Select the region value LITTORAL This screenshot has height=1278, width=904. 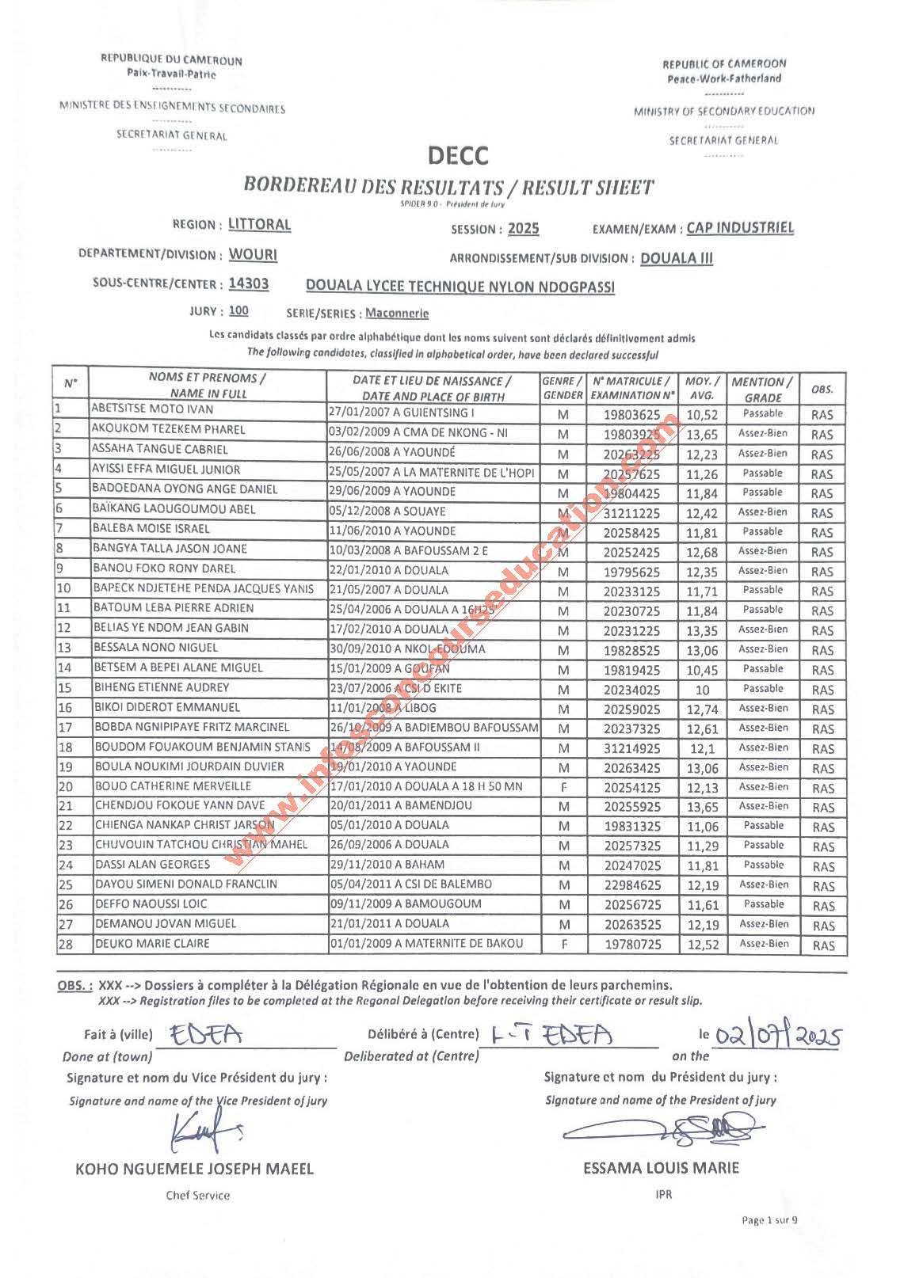click(x=259, y=224)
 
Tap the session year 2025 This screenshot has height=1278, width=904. click(x=523, y=229)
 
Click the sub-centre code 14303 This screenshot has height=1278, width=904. click(x=248, y=284)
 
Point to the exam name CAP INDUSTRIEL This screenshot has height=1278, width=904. click(x=740, y=228)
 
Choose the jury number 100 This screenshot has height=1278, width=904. click(x=238, y=310)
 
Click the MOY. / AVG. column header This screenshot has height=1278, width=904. click(x=701, y=388)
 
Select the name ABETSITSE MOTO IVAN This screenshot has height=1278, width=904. click(x=152, y=409)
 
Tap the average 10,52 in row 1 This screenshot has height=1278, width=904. click(x=701, y=413)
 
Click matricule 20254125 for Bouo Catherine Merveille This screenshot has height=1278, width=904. click(x=632, y=787)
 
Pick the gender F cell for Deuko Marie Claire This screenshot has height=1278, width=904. click(x=563, y=944)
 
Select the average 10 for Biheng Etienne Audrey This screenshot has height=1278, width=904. click(x=701, y=689)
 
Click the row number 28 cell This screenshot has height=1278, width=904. click(x=65, y=944)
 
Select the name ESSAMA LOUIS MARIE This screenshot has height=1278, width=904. click(x=661, y=1168)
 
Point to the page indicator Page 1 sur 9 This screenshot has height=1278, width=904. click(x=769, y=1242)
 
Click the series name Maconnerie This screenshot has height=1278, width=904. click(x=396, y=313)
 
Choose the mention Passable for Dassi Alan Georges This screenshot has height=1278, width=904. click(x=763, y=865)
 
